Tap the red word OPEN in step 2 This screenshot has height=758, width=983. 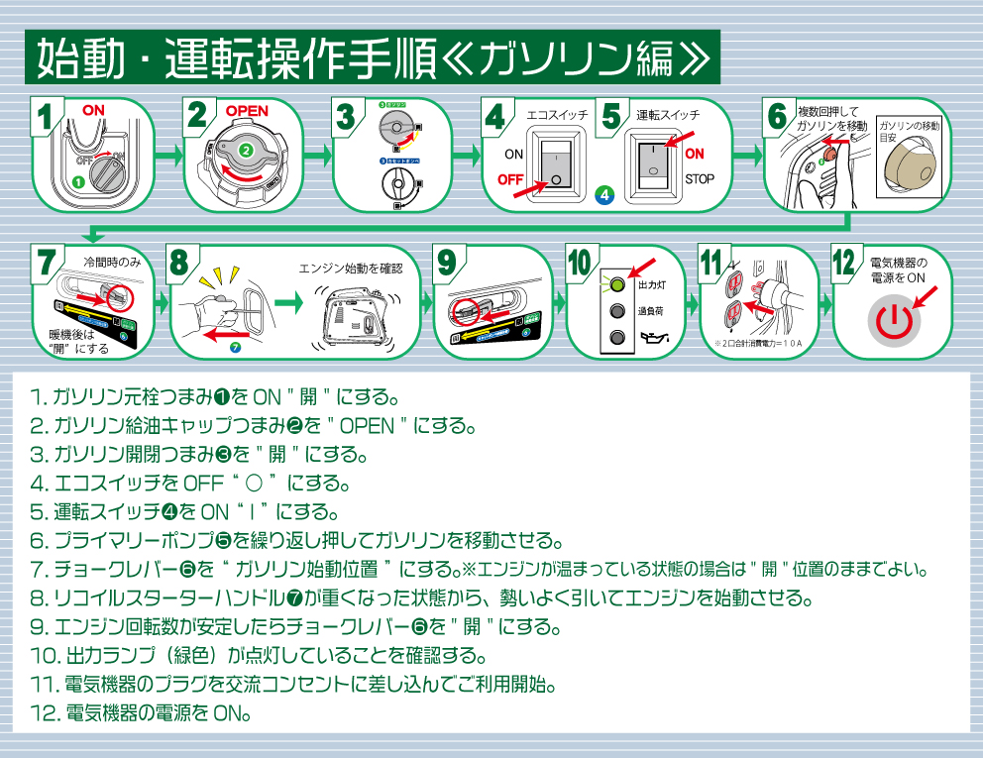click(247, 110)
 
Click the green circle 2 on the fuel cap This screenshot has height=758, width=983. click(245, 151)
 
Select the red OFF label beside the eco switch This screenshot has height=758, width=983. click(510, 179)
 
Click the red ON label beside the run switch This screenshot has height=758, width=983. click(695, 154)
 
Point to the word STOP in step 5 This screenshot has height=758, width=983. click(700, 179)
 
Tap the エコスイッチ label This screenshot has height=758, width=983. click(557, 115)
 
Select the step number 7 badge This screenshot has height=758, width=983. click(46, 262)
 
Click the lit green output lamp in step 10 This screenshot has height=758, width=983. click(617, 284)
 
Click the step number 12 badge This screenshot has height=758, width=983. click(843, 263)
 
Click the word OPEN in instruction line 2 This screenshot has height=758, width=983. click(368, 428)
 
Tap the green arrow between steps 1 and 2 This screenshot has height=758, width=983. click(168, 155)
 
